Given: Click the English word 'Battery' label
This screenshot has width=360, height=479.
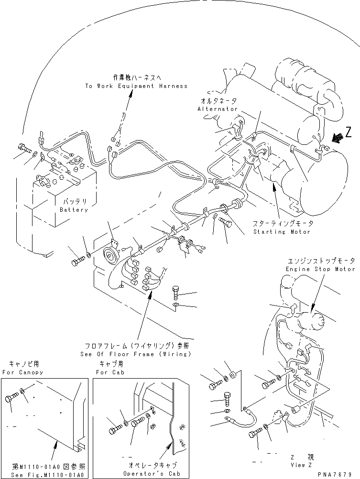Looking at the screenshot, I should (74, 210).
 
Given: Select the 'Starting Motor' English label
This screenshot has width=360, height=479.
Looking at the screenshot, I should (282, 232).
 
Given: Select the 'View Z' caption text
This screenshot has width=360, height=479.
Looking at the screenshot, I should (304, 464).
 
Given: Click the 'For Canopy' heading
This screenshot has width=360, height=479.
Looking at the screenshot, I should (22, 372).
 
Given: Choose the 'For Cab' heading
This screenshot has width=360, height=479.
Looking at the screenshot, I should (109, 372).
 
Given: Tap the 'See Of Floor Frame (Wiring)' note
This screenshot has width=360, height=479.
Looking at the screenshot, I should (136, 354).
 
